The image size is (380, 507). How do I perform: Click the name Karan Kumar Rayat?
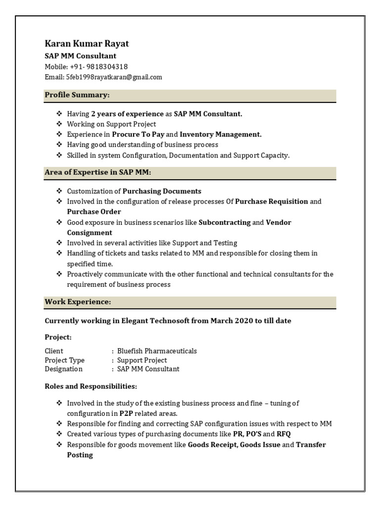click(87, 44)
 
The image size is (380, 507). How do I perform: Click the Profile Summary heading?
click(77, 95)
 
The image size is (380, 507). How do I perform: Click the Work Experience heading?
click(78, 302)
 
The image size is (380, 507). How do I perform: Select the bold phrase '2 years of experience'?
click(127, 114)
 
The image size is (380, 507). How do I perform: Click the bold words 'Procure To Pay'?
click(138, 134)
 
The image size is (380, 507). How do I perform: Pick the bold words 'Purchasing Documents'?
click(162, 191)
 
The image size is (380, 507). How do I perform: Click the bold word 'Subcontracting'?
click(224, 222)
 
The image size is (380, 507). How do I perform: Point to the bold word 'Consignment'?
click(90, 233)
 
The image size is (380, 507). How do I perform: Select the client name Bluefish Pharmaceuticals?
click(157, 351)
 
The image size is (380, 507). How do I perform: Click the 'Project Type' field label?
click(65, 360)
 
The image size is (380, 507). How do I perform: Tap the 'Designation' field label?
click(64, 369)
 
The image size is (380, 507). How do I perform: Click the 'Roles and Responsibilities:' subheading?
click(91, 386)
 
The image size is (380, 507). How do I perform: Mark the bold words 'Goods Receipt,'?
click(213, 445)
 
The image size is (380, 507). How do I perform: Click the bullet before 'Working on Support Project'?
click(59, 124)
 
